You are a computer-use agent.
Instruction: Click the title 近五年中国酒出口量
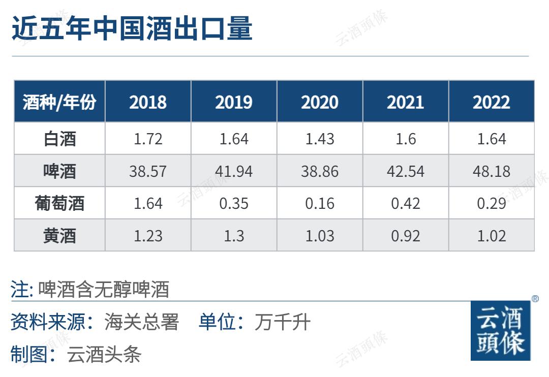click(132, 28)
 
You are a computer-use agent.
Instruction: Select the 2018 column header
click(148, 102)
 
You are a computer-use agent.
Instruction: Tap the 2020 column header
click(320, 102)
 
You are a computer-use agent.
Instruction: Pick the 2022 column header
click(492, 102)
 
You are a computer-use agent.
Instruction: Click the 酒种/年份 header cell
click(59, 102)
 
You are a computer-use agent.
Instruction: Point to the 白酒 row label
click(59, 139)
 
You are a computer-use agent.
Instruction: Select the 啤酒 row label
click(59, 171)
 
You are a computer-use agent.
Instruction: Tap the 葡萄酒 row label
click(59, 203)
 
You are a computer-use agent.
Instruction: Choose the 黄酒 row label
click(59, 236)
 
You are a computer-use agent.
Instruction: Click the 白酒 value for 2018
click(148, 139)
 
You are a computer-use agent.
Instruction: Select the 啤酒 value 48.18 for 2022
click(492, 171)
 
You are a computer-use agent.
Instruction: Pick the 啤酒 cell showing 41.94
click(234, 171)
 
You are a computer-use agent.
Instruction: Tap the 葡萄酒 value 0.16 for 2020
click(320, 203)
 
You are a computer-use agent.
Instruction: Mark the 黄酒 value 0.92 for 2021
click(406, 236)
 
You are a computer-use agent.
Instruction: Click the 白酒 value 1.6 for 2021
click(406, 139)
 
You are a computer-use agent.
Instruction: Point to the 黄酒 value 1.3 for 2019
click(234, 236)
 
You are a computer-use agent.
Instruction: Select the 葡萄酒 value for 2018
click(148, 203)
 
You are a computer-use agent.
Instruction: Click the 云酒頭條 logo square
click(500, 330)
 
